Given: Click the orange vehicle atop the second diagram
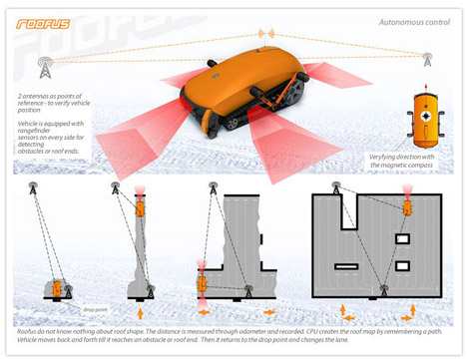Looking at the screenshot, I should point(139,206).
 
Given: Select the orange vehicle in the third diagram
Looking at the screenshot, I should point(202,283).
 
